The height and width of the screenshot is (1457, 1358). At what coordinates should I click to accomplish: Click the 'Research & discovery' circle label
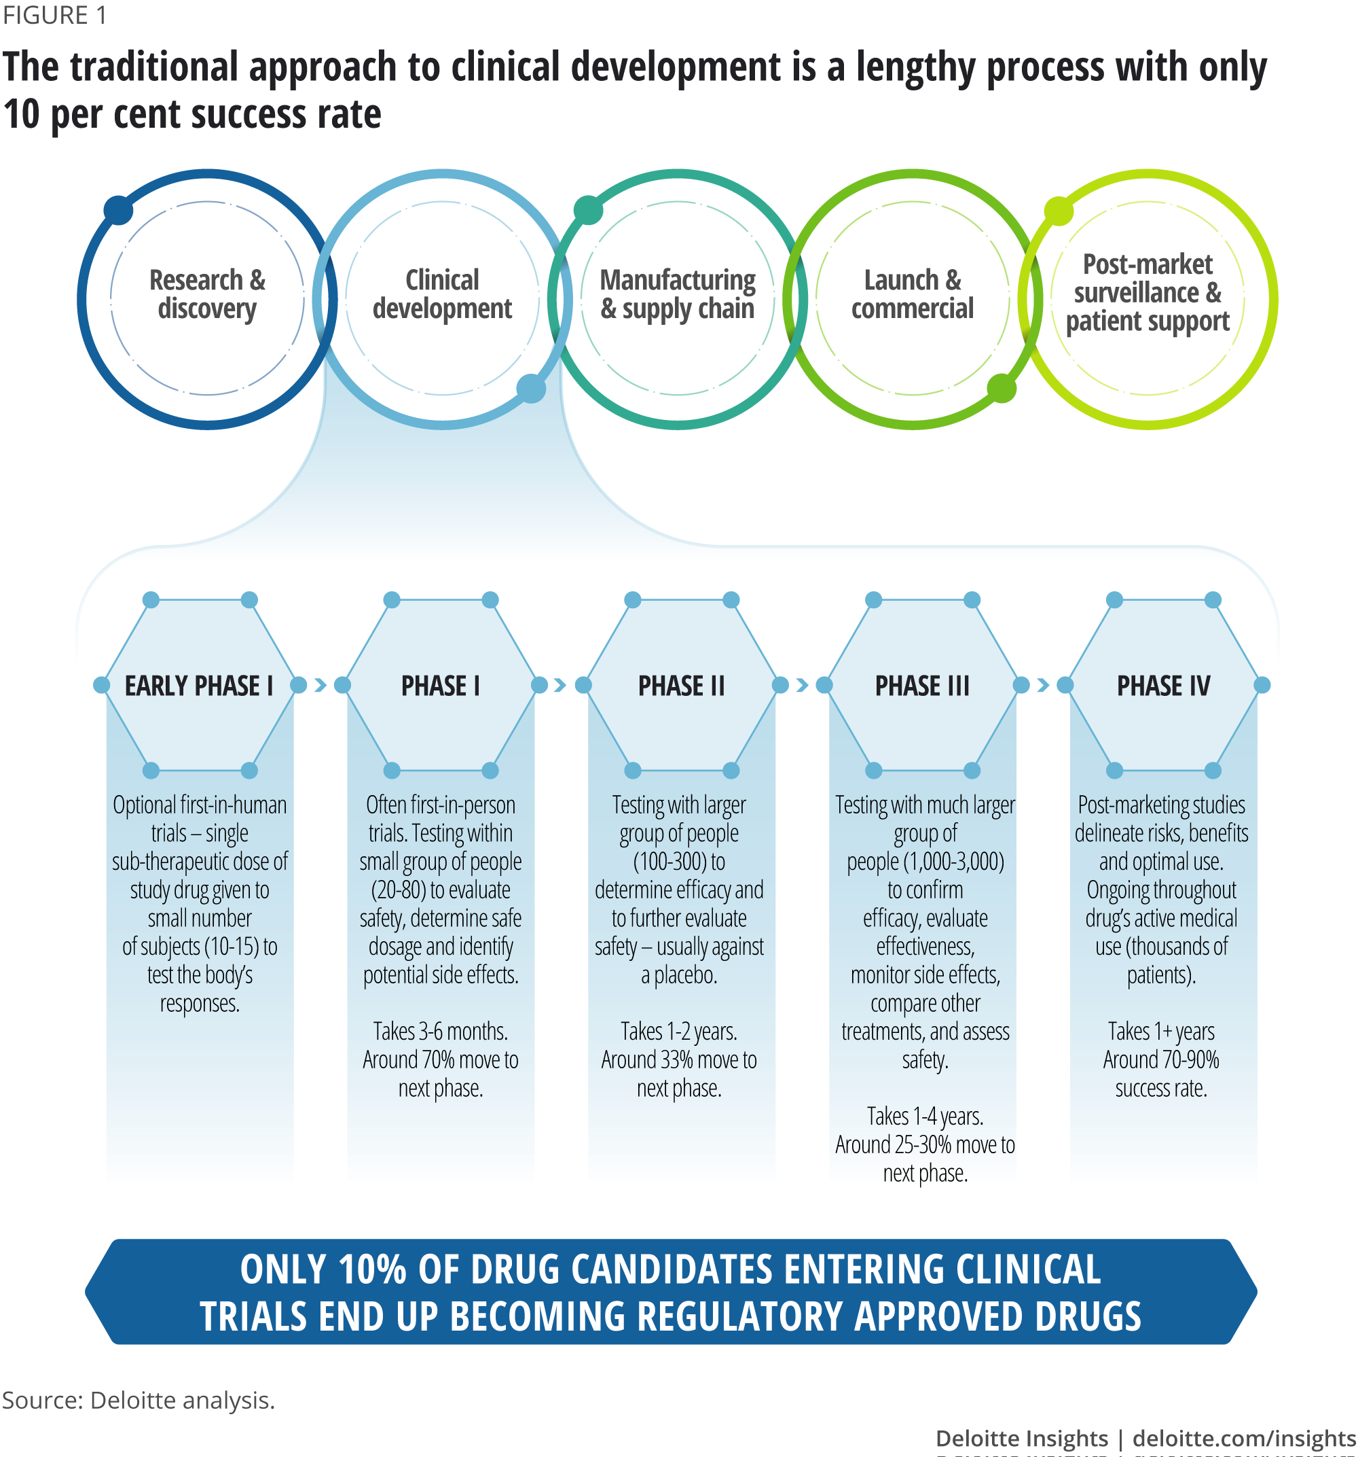click(x=207, y=295)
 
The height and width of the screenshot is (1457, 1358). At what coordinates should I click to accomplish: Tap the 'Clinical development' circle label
click(x=443, y=295)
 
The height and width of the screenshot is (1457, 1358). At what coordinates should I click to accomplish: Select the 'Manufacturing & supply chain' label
click(x=678, y=295)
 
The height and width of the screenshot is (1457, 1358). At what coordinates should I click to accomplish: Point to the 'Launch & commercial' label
click(x=913, y=295)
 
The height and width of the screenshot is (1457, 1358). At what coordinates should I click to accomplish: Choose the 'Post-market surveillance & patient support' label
click(x=1148, y=293)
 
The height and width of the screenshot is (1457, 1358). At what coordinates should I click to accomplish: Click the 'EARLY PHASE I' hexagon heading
click(x=199, y=686)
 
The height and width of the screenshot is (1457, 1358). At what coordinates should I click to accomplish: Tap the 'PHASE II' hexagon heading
click(x=681, y=686)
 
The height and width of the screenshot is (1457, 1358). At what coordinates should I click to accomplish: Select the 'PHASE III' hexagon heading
click(x=922, y=686)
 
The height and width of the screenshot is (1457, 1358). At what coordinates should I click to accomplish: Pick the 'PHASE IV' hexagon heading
click(x=1163, y=686)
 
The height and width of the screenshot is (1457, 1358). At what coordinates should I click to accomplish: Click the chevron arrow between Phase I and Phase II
click(x=560, y=685)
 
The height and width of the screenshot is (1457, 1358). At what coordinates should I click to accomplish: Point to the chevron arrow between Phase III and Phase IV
click(x=1043, y=685)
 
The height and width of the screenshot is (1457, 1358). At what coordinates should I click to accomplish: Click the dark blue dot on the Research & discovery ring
click(x=118, y=211)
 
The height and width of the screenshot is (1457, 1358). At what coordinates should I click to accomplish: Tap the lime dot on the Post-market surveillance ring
click(x=1059, y=211)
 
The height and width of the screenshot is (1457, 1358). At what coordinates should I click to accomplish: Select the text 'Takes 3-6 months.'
click(x=440, y=1032)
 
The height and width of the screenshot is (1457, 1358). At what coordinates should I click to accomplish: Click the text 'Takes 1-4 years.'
click(x=925, y=1117)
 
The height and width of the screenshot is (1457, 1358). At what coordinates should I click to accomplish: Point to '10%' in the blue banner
click(x=372, y=1270)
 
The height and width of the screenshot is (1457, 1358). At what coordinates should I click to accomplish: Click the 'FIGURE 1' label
click(x=55, y=16)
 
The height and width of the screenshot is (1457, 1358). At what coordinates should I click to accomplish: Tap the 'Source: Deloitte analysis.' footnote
click(x=139, y=1401)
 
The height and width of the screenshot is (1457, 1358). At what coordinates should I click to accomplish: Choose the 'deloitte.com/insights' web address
click(x=1244, y=1439)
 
